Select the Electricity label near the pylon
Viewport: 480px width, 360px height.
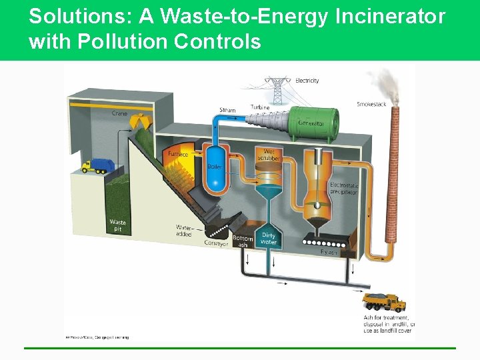[307, 81]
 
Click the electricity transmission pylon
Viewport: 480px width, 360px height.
[277, 90]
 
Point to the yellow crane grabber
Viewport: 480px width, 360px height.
[139, 121]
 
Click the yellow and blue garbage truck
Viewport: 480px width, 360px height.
[95, 166]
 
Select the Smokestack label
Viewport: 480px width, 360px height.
[371, 104]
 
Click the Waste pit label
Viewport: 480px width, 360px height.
[117, 225]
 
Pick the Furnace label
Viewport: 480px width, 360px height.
[178, 154]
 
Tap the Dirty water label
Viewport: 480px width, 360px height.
[269, 239]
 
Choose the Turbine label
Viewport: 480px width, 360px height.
[260, 107]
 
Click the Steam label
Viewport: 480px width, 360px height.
[227, 110]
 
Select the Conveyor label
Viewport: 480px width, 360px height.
[217, 244]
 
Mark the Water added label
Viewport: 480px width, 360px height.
[183, 231]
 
